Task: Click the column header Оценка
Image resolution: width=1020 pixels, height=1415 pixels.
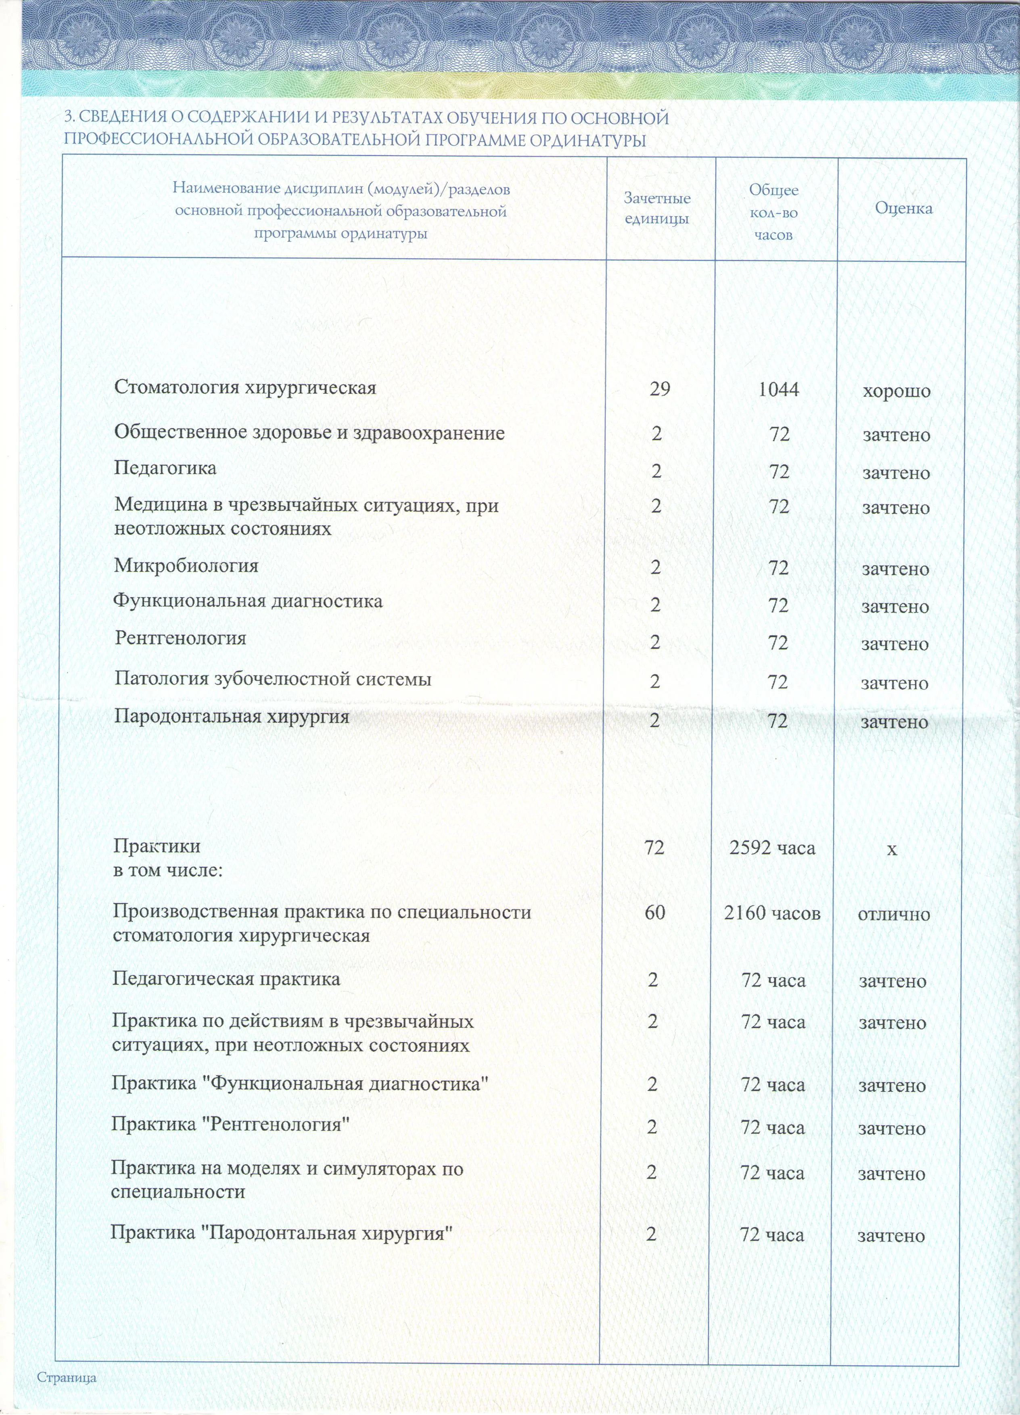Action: coord(903,208)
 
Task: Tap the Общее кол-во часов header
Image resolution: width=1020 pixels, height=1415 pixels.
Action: coord(773,212)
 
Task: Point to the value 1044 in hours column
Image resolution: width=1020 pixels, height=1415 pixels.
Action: coord(779,389)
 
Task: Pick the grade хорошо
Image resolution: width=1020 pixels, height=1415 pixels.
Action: coord(897,392)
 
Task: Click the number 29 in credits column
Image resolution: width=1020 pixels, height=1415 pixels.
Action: coord(659,389)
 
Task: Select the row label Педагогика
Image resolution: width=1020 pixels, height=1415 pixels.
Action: coord(165,468)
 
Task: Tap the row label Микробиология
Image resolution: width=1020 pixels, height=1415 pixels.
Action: coord(186,566)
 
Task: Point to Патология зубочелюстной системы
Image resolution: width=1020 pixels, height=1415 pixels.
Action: coord(273,679)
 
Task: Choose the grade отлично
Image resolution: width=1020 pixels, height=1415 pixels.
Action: coord(894,915)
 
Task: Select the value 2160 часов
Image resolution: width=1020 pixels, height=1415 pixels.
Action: coord(772,913)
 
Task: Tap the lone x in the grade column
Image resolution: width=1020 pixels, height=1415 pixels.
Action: coord(892,849)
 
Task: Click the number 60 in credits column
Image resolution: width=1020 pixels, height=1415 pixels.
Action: coord(655,913)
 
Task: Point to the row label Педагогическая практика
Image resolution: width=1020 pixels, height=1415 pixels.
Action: coord(226,979)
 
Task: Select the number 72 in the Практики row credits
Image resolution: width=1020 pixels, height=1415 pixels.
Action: coord(655,847)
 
